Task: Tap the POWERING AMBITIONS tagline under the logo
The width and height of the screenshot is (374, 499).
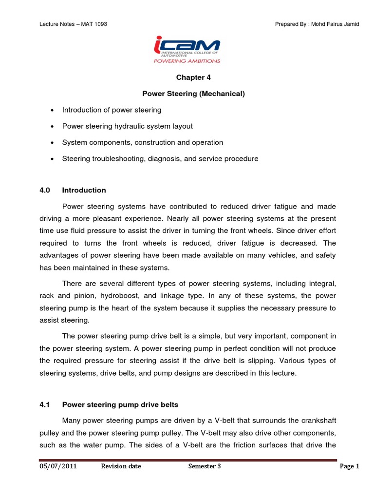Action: (x=187, y=61)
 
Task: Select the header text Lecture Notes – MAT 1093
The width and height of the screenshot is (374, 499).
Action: (x=73, y=24)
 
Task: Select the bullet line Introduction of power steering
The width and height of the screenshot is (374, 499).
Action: (x=112, y=110)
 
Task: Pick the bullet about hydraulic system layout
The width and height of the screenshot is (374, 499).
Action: (x=127, y=126)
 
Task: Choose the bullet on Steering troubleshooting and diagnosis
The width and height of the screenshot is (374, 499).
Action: (x=160, y=159)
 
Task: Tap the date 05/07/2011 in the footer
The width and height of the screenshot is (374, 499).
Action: (x=58, y=466)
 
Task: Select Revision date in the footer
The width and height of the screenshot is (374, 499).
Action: (x=121, y=466)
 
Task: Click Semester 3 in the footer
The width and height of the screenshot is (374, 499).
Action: (x=205, y=466)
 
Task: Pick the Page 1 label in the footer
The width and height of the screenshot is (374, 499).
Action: (x=349, y=466)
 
